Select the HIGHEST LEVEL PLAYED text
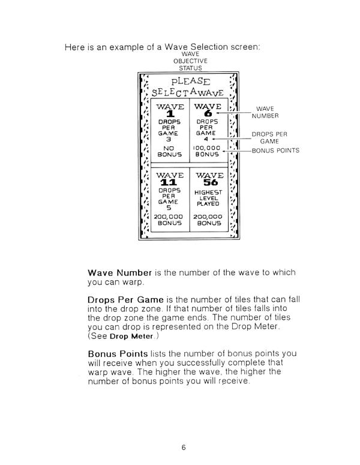click(209, 197)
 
